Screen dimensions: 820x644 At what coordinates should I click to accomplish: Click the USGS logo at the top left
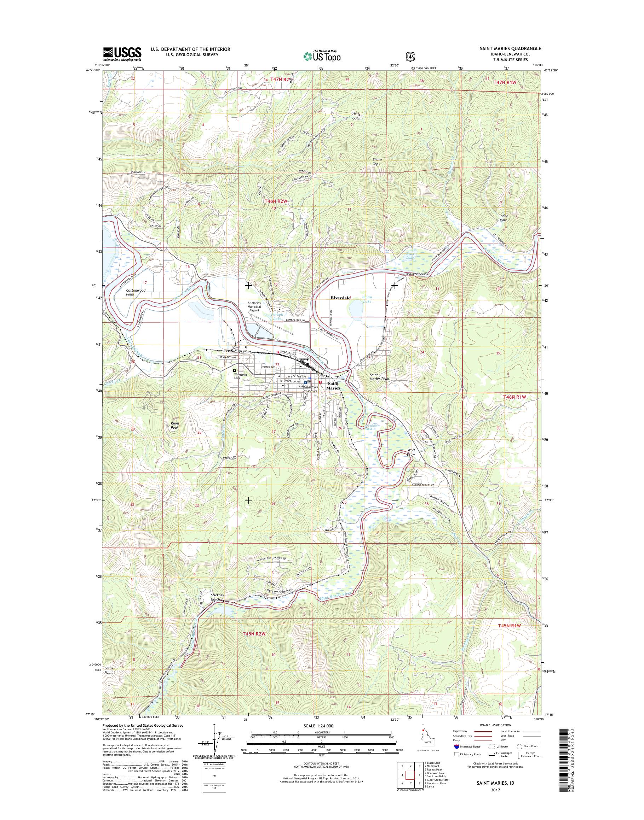point(122,54)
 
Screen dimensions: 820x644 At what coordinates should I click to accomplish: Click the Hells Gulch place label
point(356,116)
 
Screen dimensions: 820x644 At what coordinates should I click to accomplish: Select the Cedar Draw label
point(503,218)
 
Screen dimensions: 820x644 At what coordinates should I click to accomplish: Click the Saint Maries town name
point(333,386)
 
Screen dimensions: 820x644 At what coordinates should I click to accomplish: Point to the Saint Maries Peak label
point(379,377)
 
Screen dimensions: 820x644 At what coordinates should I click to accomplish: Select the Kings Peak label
point(174,425)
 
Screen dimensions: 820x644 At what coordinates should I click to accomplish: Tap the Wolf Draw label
point(411,452)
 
